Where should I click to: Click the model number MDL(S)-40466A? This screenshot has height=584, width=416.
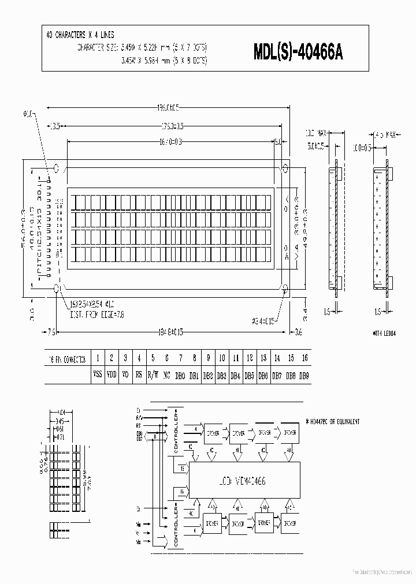point(298,53)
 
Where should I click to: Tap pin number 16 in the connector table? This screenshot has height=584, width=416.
point(305,358)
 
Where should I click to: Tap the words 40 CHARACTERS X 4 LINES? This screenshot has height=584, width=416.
point(80,35)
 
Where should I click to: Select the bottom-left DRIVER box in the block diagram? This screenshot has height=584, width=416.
point(212,523)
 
